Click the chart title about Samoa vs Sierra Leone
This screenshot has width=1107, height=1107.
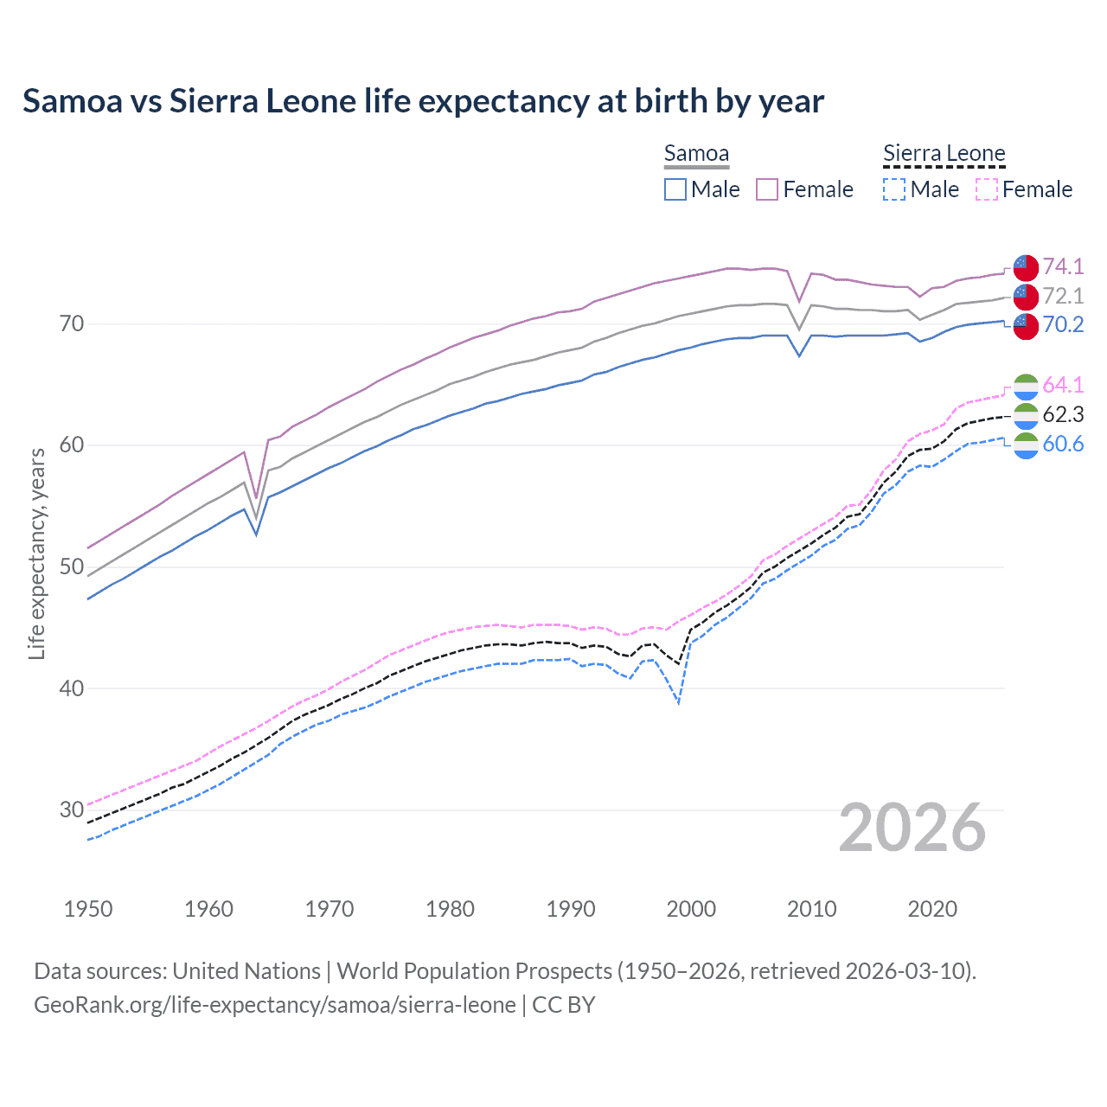(423, 101)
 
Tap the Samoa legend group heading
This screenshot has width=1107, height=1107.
(696, 154)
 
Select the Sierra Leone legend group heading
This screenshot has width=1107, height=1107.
(944, 154)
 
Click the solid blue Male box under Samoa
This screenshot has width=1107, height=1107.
(675, 189)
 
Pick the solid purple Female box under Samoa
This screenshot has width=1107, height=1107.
(767, 189)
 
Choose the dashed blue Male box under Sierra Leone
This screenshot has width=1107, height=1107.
(894, 189)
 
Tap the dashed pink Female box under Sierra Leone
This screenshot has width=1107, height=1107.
(987, 189)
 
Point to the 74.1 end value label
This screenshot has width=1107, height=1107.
(1063, 266)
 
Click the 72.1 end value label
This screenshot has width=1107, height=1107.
(1063, 296)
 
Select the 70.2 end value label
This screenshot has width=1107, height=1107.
(1063, 324)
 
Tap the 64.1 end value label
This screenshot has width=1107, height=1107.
(1063, 385)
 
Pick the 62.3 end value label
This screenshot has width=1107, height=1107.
(1063, 415)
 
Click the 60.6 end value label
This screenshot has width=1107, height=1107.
(1063, 445)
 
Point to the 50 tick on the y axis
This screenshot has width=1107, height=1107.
(72, 566)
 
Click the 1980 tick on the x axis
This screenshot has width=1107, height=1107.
(450, 909)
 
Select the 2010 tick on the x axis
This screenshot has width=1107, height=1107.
(811, 909)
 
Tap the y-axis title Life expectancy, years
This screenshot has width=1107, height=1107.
(37, 553)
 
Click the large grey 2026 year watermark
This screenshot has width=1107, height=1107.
(912, 828)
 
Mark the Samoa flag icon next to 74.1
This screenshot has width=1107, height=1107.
(1026, 267)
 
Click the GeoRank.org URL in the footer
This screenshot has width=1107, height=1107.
(274, 1005)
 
